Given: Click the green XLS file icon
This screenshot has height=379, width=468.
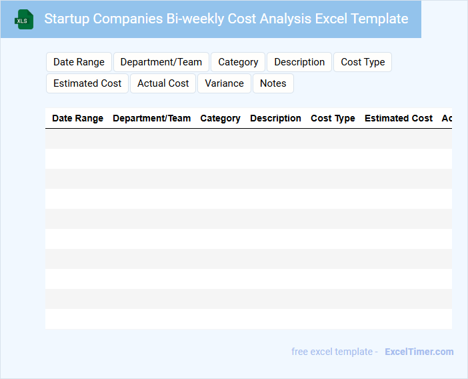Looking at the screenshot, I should tap(24, 19).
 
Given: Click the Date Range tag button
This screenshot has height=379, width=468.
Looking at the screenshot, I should tap(79, 62).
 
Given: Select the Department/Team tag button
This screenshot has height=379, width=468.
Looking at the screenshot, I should tap(161, 62).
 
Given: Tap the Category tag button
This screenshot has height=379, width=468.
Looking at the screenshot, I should tap(238, 62).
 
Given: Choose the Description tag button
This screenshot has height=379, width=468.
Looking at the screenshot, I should tap(299, 62).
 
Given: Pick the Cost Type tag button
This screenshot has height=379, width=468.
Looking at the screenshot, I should tap(363, 62).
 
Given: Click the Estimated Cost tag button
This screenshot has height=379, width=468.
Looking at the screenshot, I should tap(87, 83).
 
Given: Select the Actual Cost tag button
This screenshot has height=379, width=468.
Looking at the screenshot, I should tap(163, 83).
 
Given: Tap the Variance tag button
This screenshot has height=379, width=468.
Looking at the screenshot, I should tap(224, 83).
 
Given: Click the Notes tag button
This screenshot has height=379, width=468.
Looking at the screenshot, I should tap(273, 83).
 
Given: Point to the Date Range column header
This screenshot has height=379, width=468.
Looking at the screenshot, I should tap(77, 118).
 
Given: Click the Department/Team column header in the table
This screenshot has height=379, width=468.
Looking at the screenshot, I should tap(151, 118).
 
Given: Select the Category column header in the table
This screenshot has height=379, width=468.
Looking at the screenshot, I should tap(220, 118).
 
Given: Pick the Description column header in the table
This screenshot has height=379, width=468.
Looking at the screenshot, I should tap(275, 118).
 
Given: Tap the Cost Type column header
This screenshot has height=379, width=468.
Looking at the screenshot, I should tap(333, 118).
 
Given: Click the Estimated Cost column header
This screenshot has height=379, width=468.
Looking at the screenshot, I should tap(399, 118).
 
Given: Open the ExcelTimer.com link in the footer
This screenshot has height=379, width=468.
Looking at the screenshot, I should tap(419, 352).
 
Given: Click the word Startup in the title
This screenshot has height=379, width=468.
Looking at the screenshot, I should tap(67, 19).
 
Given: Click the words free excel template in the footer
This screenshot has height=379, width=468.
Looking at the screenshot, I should tap(331, 352).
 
